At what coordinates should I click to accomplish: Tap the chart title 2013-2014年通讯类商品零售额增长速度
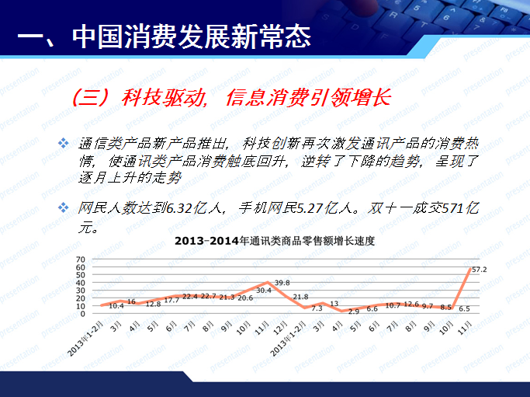coord(275,241)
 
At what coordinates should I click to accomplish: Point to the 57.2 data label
coord(479,270)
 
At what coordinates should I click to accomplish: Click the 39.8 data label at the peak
coord(282,283)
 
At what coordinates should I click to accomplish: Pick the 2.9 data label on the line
coord(353,311)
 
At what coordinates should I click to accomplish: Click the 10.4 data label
coord(116,306)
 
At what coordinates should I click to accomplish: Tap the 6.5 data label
coord(464,308)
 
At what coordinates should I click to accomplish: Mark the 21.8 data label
coord(300,297)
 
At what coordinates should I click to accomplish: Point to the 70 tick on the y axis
coord(80,259)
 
